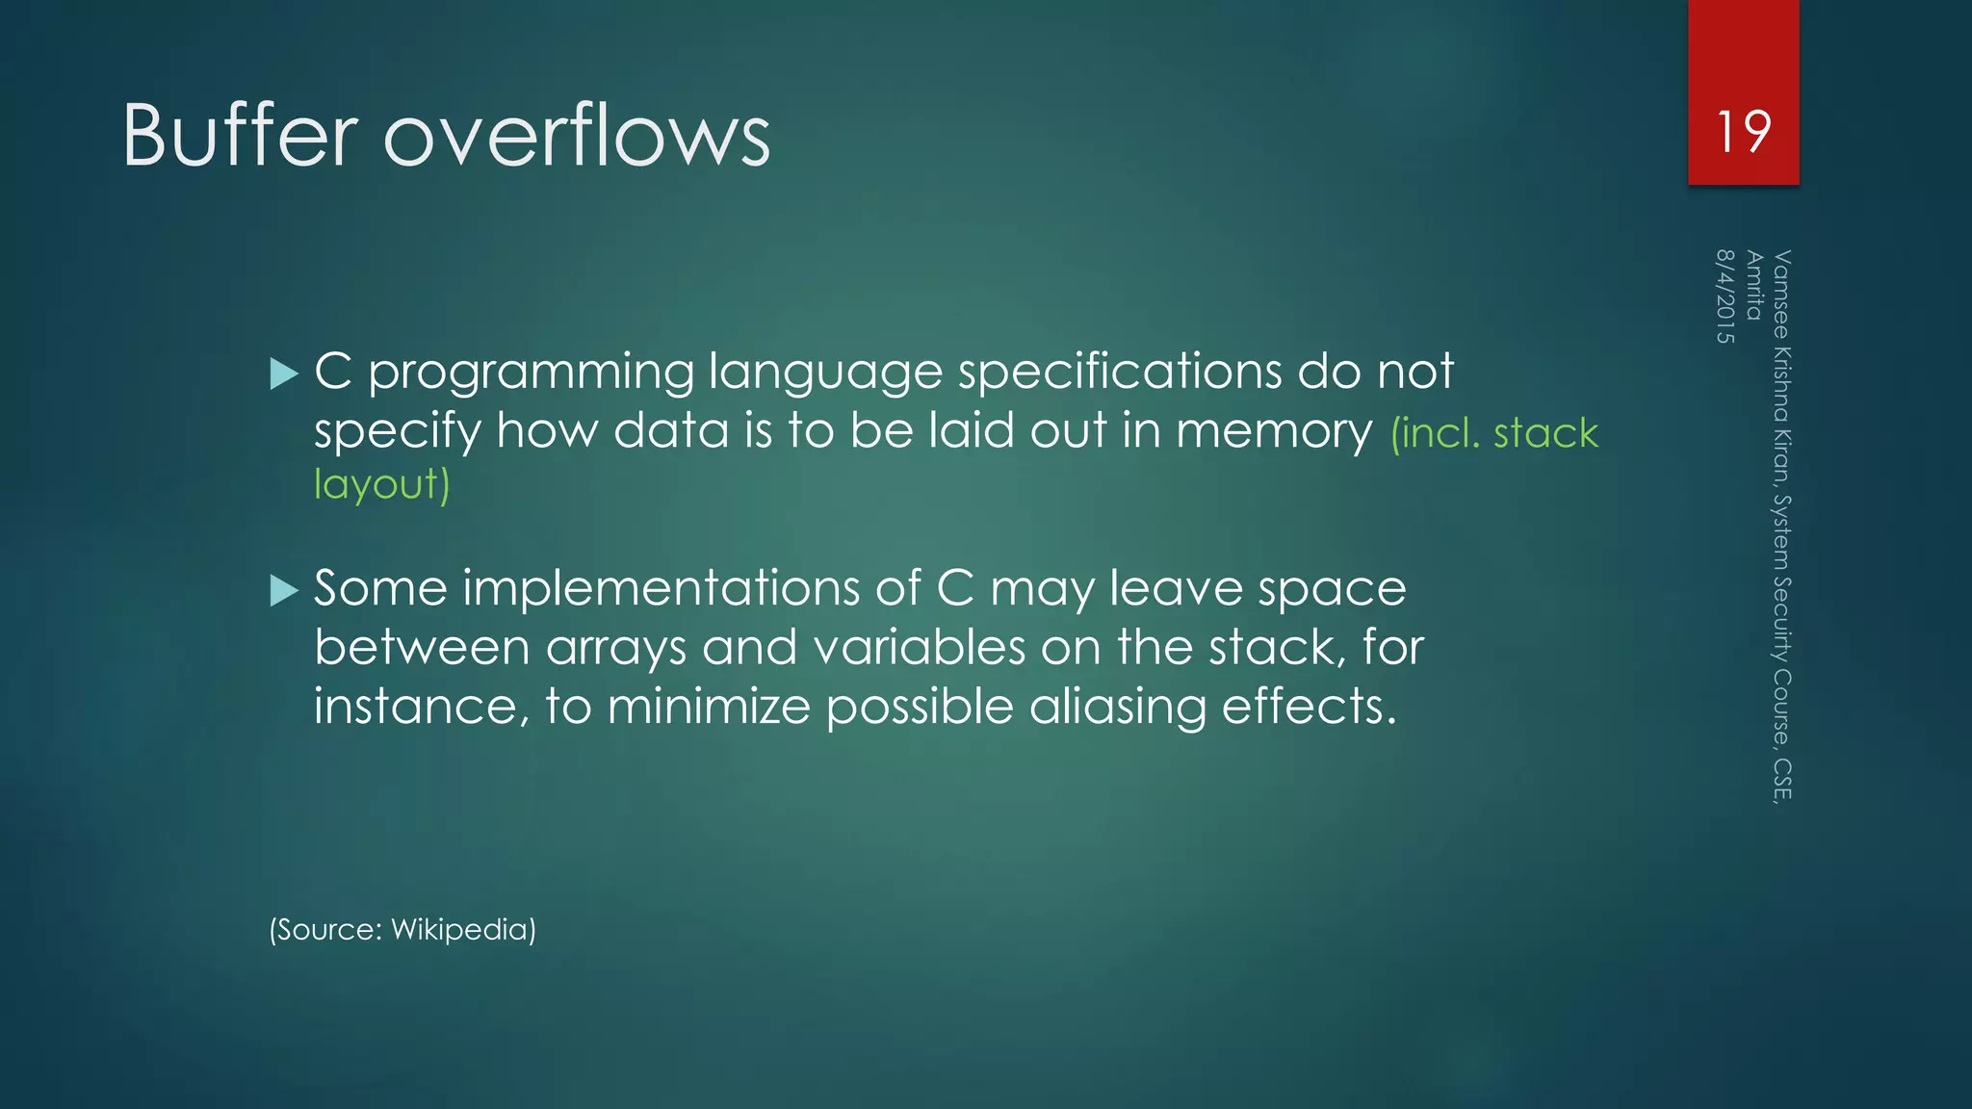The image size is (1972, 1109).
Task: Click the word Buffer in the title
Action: (x=240, y=136)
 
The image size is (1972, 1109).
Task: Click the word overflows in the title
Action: (x=577, y=136)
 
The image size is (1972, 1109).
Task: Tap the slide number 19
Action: (x=1743, y=132)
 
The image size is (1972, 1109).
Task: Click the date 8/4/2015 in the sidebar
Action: (x=1725, y=297)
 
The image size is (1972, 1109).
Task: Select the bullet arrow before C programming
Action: (x=285, y=374)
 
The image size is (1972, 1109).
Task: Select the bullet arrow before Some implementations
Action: (x=285, y=590)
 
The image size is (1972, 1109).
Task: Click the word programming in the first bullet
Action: (x=531, y=374)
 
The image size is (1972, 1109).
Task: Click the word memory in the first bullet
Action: (x=1273, y=431)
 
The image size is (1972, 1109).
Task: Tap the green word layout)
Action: (x=381, y=484)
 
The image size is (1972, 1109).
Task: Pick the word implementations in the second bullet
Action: (x=661, y=588)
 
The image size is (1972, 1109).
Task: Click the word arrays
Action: (x=615, y=648)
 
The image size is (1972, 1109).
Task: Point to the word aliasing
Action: (x=1117, y=708)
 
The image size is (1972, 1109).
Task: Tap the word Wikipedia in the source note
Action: (x=463, y=930)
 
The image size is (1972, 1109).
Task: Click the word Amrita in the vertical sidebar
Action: (x=1753, y=285)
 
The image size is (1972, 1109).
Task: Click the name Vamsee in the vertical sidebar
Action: (x=1781, y=295)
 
